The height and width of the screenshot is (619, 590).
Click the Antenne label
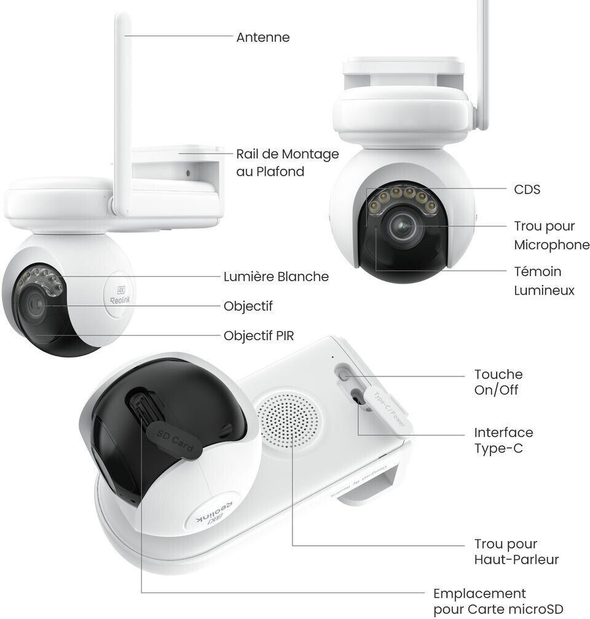[x=262, y=37]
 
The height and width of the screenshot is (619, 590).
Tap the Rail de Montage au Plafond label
[x=287, y=163]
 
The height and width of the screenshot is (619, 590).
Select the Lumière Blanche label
[x=276, y=277]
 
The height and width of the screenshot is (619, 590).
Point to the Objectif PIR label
[x=259, y=336]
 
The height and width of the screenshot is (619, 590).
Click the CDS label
[x=527, y=190]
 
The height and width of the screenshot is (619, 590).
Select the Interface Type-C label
[x=503, y=440]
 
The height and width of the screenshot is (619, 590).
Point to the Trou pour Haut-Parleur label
[x=516, y=551]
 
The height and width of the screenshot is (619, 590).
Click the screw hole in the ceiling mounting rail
[x=187, y=173]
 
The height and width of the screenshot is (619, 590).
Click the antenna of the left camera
[x=122, y=111]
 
